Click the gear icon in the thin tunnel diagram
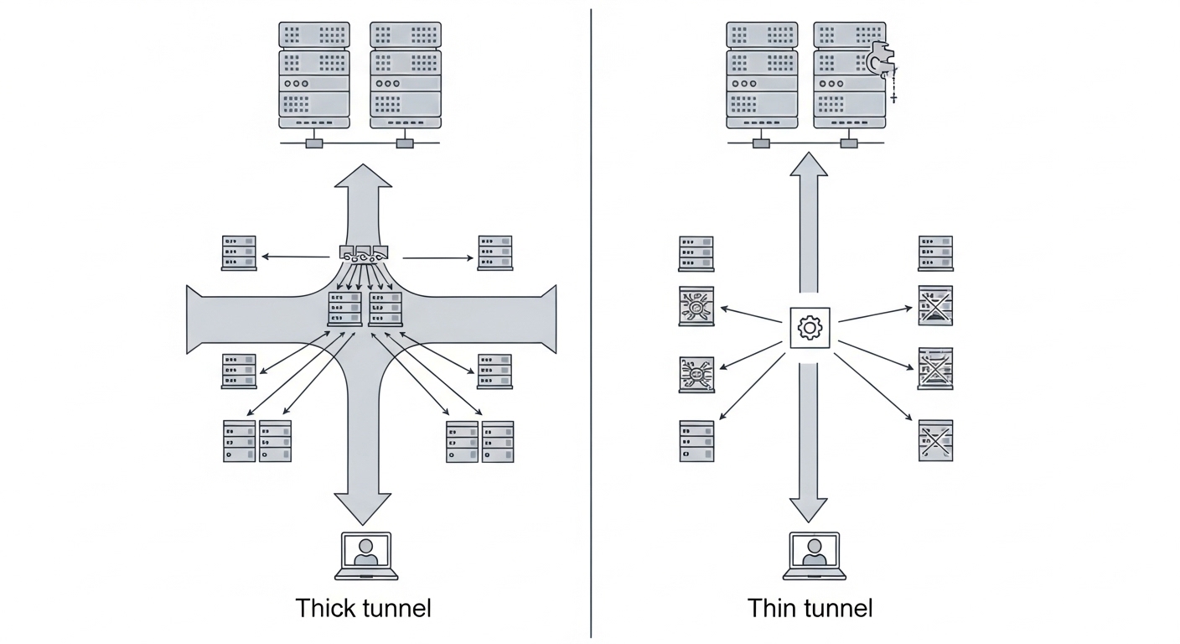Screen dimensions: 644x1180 click(x=810, y=328)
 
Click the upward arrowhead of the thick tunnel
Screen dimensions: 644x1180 click(x=364, y=176)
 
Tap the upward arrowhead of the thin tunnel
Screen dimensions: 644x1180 click(x=809, y=165)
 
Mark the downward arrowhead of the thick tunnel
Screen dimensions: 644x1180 click(x=364, y=508)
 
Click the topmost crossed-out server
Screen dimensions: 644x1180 click(x=935, y=306)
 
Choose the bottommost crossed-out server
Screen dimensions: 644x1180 click(x=935, y=440)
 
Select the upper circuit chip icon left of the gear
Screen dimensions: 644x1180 click(x=696, y=307)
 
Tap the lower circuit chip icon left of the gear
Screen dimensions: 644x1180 click(x=696, y=375)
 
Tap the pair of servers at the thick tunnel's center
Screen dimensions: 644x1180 click(x=365, y=309)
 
